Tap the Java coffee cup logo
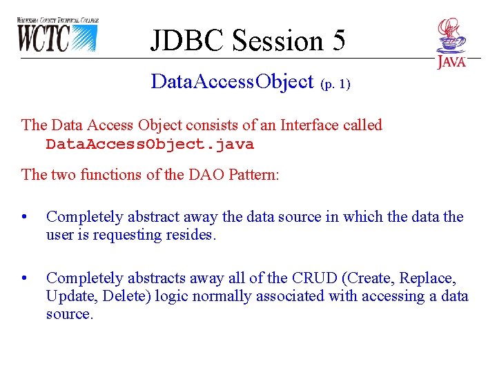(x=451, y=43)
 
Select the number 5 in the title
(x=338, y=41)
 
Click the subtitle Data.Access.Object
(x=232, y=82)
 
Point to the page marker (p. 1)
(x=335, y=84)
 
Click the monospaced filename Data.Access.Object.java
(x=150, y=145)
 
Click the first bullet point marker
(x=25, y=218)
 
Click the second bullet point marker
(x=25, y=279)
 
